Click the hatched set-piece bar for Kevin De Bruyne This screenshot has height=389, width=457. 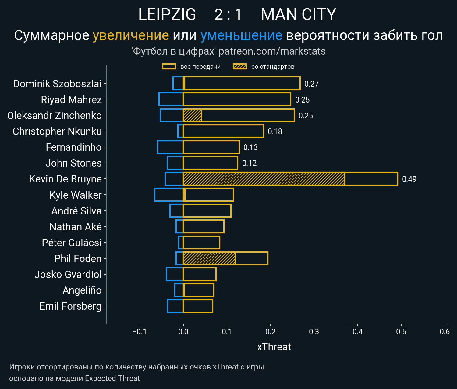point(264,179)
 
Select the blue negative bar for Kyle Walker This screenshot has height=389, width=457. point(169,195)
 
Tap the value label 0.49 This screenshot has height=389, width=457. point(409,179)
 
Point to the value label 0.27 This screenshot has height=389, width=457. point(311,84)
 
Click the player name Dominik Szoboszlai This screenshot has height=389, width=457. point(57,84)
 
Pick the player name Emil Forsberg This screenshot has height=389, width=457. point(70,306)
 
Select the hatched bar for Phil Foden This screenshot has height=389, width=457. point(209,258)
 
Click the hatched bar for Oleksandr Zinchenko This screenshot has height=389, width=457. point(192,115)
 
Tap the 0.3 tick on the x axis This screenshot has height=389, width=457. point(314,332)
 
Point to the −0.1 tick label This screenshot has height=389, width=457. point(140,332)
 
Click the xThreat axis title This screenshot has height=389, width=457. point(274,347)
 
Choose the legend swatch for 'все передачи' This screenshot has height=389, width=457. point(169,67)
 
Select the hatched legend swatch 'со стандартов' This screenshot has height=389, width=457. point(239,67)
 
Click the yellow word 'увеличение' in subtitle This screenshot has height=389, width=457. point(131,35)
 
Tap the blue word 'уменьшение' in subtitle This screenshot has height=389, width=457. point(241,35)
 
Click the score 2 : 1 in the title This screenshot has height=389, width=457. point(228,14)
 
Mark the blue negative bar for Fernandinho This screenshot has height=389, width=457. point(170,147)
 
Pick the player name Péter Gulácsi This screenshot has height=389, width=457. point(72,243)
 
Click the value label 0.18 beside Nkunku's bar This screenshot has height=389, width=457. point(275,131)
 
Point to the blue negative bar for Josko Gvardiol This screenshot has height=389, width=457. point(175,274)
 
